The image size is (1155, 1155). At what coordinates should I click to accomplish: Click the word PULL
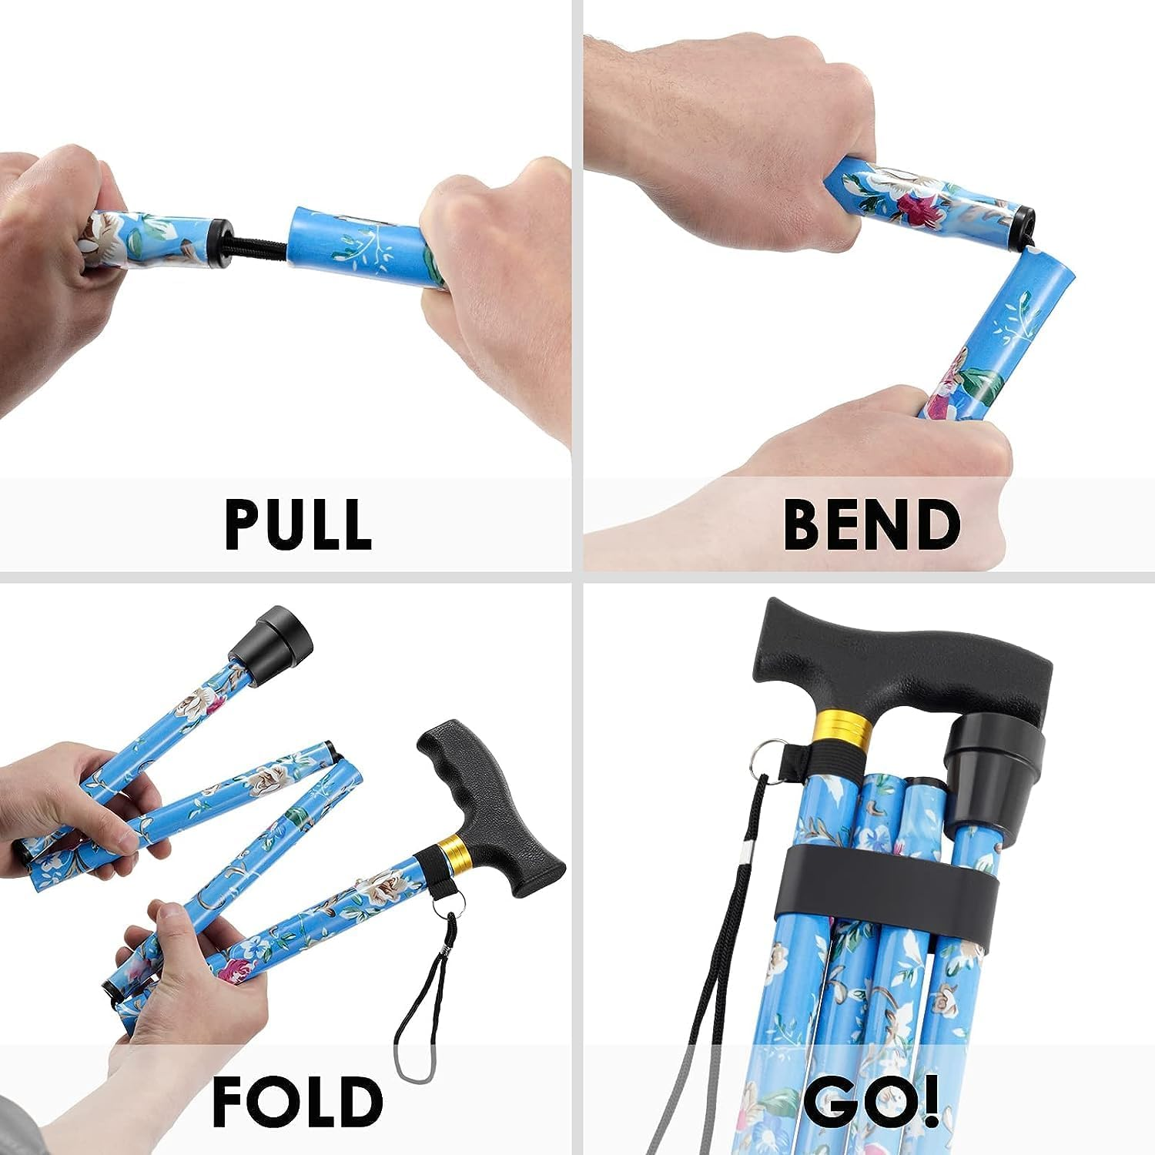[x=298, y=524]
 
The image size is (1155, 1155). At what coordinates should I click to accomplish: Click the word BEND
[x=872, y=524]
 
